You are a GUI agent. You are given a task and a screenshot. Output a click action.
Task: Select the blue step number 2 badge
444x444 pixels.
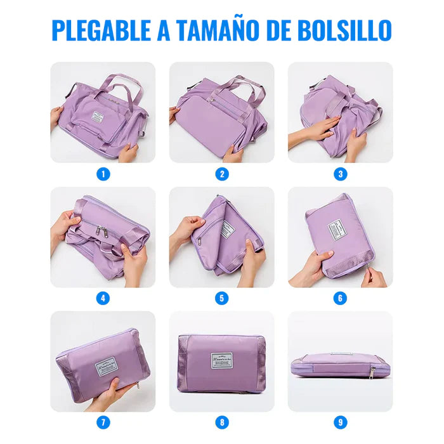pyautogui.click(x=221, y=173)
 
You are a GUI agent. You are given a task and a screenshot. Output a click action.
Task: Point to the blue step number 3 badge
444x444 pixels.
pyautogui.click(x=341, y=173)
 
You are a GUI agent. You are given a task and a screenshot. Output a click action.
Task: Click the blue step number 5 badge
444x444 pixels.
pyautogui.click(x=221, y=297)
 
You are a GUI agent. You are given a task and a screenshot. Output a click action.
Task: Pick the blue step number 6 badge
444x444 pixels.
pyautogui.click(x=341, y=297)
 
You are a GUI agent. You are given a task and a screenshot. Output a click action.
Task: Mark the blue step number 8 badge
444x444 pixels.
pyautogui.click(x=221, y=422)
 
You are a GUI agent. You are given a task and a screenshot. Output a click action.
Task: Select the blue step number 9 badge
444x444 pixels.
pyautogui.click(x=341, y=422)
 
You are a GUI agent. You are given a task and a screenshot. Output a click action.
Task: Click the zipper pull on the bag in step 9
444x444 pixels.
pyautogui.click(x=372, y=370)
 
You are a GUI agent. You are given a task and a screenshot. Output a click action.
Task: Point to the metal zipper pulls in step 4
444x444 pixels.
pyautogui.click(x=101, y=230)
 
